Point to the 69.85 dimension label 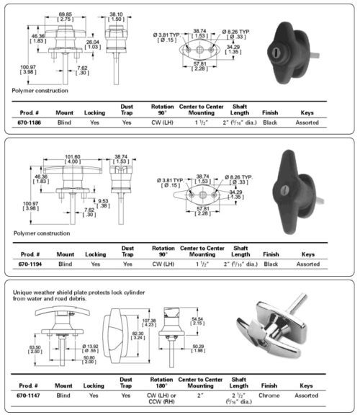(x=66, y=14)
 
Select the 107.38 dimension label (x=149, y=321)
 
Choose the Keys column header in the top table (x=308, y=113)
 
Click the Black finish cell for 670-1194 (x=271, y=264)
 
